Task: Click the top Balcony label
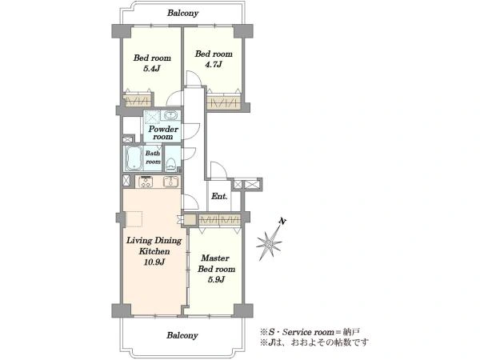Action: coord(182,13)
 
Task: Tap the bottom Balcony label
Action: coord(182,335)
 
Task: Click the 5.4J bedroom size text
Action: coord(152,68)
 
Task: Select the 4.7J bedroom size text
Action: coord(213,64)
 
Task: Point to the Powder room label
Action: coord(163,133)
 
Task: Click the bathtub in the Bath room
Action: coord(133,158)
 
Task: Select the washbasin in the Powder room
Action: coord(170,115)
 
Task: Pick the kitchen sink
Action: coord(170,182)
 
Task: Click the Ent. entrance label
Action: coord(219,197)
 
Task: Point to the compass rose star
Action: coord(269,244)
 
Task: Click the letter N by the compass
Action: coord(282,221)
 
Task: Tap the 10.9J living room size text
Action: coord(154,262)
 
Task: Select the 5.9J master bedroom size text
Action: coord(216,279)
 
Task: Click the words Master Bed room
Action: coord(216,263)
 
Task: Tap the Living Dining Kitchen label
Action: coord(154,246)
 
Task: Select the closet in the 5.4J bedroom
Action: coord(137,101)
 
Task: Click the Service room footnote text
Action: coord(309,332)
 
